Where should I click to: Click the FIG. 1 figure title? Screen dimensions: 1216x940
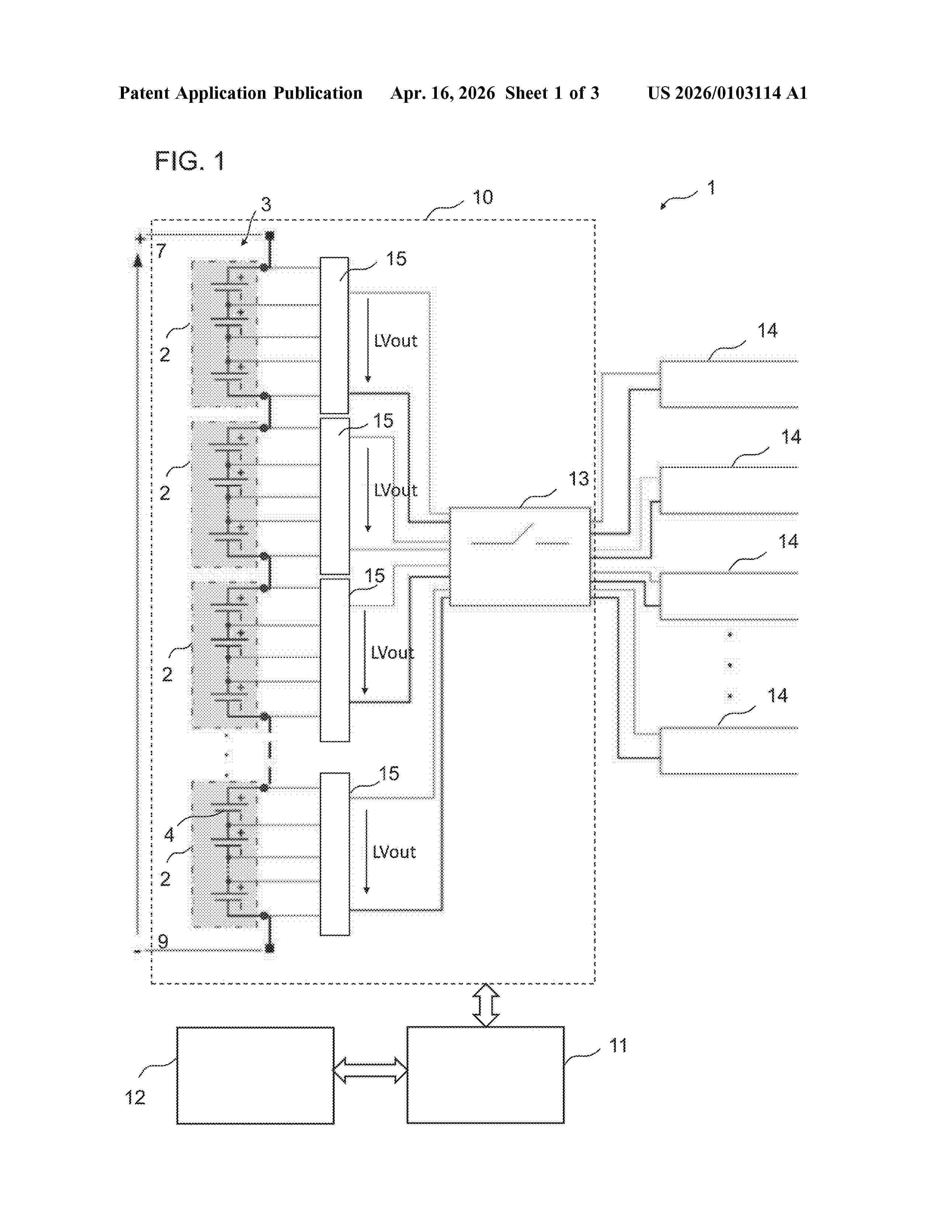[x=189, y=161]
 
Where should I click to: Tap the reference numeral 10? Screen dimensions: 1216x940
[x=482, y=197]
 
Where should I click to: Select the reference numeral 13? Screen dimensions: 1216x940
[x=579, y=478]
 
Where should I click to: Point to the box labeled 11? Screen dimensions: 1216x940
[x=485, y=1075]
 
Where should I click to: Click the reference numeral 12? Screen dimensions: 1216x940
[x=135, y=1097]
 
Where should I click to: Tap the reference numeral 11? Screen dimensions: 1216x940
[x=618, y=1046]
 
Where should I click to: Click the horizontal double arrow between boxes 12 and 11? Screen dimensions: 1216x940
[x=370, y=1070]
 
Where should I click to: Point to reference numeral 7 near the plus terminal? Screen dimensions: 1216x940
[x=161, y=251]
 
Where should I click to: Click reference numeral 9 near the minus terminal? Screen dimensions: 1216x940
[x=163, y=941]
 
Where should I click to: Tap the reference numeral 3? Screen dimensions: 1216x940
[x=266, y=205]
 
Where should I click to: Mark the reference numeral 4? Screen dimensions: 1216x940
[x=169, y=834]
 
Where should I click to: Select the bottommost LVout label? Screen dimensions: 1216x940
[x=394, y=852]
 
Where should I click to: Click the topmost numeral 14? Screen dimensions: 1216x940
[x=767, y=331]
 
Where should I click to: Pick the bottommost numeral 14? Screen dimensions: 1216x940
[x=777, y=695]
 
